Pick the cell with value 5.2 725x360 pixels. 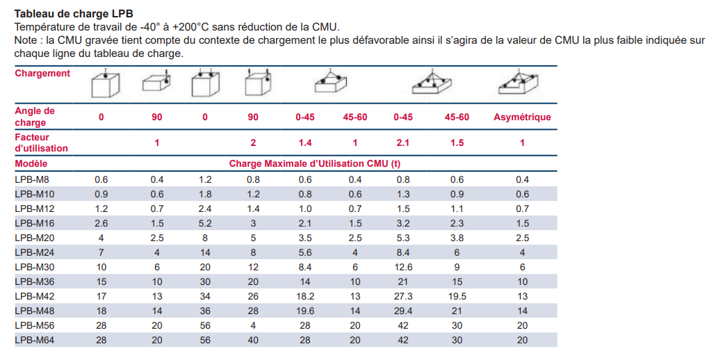[x=204, y=222]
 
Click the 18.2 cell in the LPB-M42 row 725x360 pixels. [x=304, y=296]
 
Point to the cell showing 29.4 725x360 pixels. [x=402, y=311]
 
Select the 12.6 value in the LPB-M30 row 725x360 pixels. [x=402, y=267]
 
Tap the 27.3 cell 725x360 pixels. [x=402, y=296]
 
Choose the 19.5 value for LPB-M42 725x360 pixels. [x=457, y=296]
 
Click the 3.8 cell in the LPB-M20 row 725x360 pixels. [x=457, y=237]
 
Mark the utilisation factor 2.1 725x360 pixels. [x=402, y=142]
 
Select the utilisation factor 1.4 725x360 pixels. [x=304, y=142]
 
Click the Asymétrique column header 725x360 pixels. [x=522, y=117]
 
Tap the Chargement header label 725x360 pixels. [x=42, y=73]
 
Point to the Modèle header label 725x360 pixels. [x=31, y=164]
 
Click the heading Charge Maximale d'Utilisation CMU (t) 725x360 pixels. [x=315, y=164]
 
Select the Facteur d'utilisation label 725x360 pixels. [x=42, y=142]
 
